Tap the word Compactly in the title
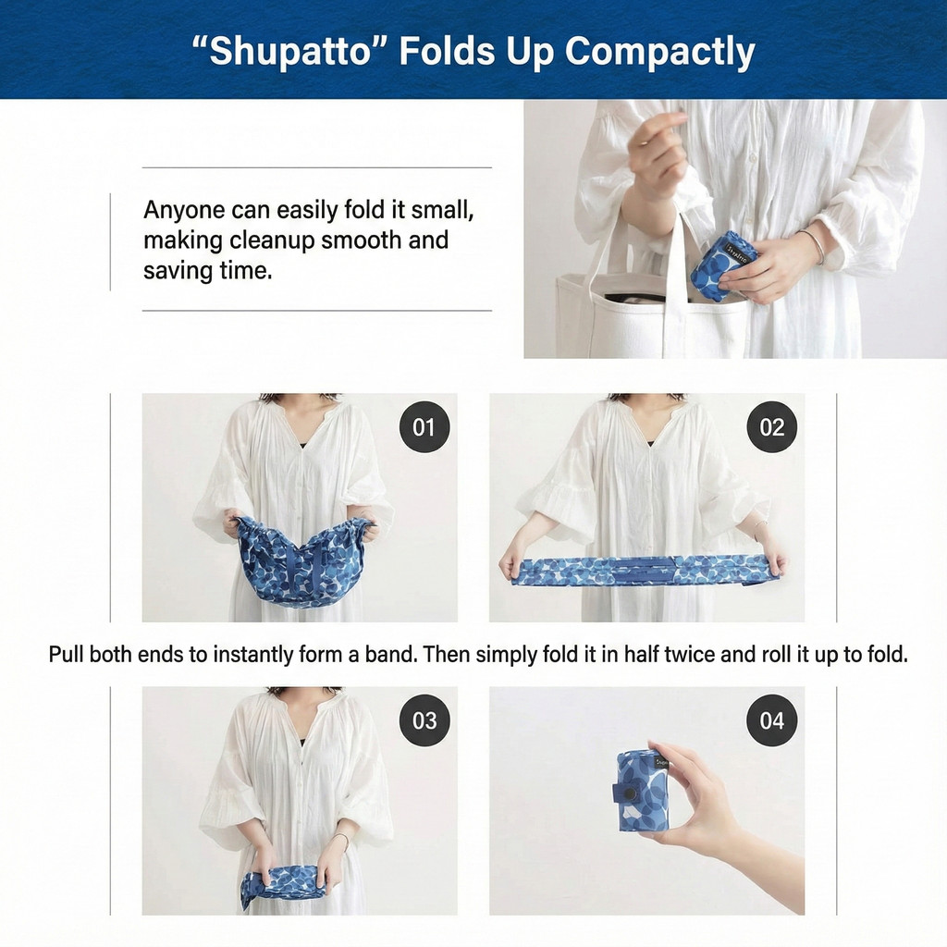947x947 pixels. tap(660, 53)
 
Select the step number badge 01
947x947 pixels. tap(424, 427)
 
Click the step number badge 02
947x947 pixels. tap(772, 427)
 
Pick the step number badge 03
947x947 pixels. tap(424, 719)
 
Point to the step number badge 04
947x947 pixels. tap(772, 719)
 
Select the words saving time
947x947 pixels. tap(208, 270)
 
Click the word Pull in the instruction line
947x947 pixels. tap(67, 654)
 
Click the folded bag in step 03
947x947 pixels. tap(284, 884)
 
